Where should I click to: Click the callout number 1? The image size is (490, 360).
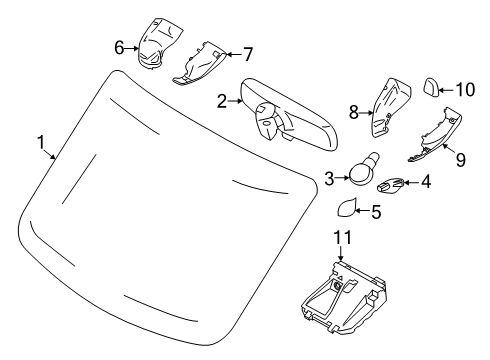click(x=40, y=145)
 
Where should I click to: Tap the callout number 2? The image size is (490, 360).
click(x=222, y=100)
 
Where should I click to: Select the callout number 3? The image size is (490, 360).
click(x=329, y=177)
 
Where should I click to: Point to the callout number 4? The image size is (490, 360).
click(x=425, y=182)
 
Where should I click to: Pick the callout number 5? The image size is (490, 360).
click(x=376, y=211)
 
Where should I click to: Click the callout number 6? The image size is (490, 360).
click(x=119, y=47)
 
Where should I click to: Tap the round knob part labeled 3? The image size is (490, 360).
click(x=361, y=174)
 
